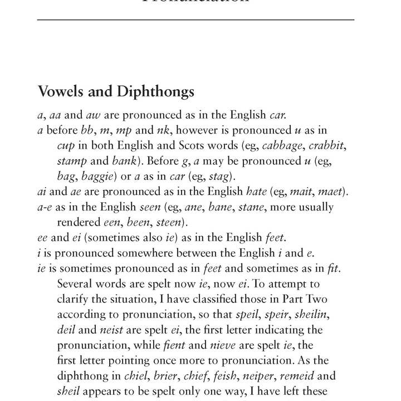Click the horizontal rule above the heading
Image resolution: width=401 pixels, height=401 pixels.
point(195,20)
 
